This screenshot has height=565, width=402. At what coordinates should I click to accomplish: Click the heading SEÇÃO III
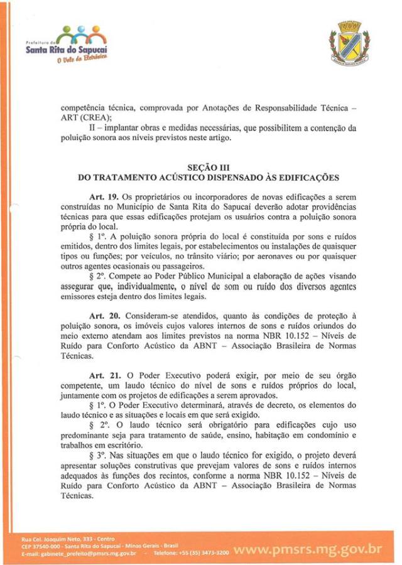point(208,167)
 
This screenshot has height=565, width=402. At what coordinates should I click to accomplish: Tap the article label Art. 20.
point(105,313)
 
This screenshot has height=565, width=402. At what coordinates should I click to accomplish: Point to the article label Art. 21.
point(105,375)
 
